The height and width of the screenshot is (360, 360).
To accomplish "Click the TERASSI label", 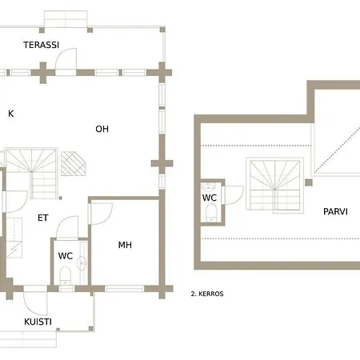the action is [41, 45].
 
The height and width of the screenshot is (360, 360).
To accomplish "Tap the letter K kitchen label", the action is [11, 114].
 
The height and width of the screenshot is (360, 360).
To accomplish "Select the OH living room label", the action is [102, 129].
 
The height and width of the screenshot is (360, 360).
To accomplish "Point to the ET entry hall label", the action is [43, 218].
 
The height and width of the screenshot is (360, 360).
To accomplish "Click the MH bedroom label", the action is [125, 245].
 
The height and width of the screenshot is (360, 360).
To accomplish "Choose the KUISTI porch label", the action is [38, 322].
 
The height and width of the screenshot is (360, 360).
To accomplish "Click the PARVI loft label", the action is [335, 212].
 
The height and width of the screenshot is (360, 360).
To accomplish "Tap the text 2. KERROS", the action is [207, 294].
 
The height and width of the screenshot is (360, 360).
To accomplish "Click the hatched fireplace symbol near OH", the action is [74, 164].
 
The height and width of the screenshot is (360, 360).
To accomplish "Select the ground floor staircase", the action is [31, 174].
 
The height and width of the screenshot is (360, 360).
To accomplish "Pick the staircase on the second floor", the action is [275, 186].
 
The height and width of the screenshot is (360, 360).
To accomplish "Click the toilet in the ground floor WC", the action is [66, 276].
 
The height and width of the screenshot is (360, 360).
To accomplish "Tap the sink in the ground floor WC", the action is [82, 263].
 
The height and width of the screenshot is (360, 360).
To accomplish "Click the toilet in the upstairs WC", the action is [211, 213].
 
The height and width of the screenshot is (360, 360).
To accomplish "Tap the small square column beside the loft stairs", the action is [309, 182].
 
